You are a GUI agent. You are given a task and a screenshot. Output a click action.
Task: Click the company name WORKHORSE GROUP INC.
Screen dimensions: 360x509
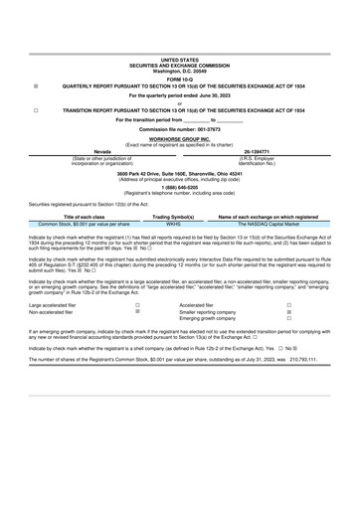click(x=180, y=139)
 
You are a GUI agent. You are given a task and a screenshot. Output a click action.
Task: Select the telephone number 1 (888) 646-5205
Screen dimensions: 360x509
click(x=180, y=183)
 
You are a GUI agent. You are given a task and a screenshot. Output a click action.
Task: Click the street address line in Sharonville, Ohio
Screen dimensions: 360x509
click(x=180, y=172)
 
